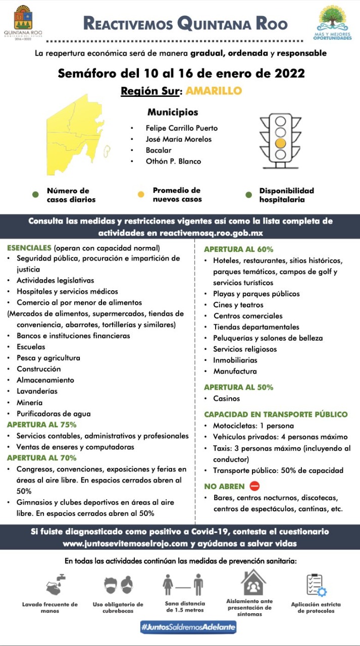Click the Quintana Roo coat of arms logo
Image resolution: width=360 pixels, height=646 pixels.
pyautogui.click(x=23, y=18)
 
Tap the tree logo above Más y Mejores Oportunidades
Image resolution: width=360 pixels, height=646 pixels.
pyautogui.click(x=335, y=18)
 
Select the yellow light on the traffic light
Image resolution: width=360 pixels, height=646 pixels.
pyautogui.click(x=280, y=143)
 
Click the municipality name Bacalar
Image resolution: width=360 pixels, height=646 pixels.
pyautogui.click(x=159, y=150)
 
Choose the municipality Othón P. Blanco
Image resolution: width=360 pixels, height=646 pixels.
pyautogui.click(x=173, y=161)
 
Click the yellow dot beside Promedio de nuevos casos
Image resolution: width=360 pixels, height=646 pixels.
pyautogui.click(x=141, y=194)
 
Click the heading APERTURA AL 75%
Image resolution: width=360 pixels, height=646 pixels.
pyautogui.click(x=42, y=424)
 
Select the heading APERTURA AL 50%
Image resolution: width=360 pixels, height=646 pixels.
pyautogui.click(x=239, y=387)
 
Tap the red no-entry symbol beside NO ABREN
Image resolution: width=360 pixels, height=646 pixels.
pyautogui.click(x=255, y=487)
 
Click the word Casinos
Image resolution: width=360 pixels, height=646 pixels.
pyautogui.click(x=227, y=399)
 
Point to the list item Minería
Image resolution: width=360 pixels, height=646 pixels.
pyautogui.click(x=29, y=403)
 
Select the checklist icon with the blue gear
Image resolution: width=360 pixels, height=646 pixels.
pyautogui.click(x=316, y=585)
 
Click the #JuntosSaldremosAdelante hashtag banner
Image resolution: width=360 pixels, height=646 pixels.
pyautogui.click(x=188, y=627)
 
